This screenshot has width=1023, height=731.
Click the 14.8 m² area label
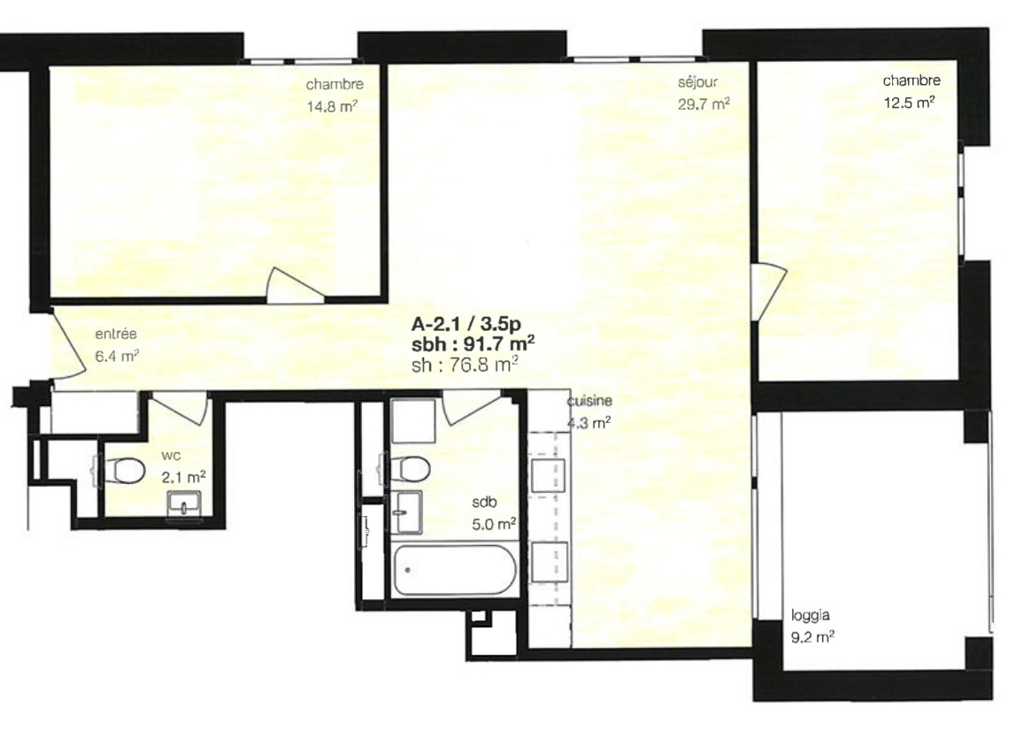pos(332,105)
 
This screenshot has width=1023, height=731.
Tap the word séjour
pos(697,82)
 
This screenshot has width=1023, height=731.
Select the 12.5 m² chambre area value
pos(909,102)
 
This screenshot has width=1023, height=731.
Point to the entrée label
pos(115,335)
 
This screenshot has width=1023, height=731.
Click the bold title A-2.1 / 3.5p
pos(465,324)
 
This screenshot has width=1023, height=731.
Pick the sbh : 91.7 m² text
pos(473,344)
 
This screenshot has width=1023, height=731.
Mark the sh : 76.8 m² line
pos(465,365)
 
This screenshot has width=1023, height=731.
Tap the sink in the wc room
pos(185,504)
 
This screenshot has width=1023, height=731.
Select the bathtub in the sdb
pos(455,571)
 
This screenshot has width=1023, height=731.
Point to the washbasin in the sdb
pos(406,512)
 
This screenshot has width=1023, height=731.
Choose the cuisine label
pos(589,401)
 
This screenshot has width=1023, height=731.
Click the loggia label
pos(811,615)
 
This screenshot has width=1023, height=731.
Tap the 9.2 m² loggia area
pos(813,637)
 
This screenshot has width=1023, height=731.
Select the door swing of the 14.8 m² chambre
pos(295,286)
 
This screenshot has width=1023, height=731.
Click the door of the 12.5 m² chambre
pos(768,291)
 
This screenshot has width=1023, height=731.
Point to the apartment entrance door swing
pos(68,344)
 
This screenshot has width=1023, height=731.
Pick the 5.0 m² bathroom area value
pos(494,524)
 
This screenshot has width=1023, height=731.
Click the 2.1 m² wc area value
pos(183,477)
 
